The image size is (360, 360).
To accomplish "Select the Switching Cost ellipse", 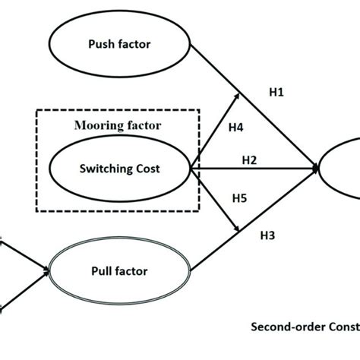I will pyautogui.click(x=118, y=169).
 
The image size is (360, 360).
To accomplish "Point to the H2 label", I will pyautogui.click(x=249, y=159).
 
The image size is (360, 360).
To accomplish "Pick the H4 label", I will pyautogui.click(x=235, y=128).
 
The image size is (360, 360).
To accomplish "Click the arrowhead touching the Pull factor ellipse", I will pyautogui.click(x=46, y=269).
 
